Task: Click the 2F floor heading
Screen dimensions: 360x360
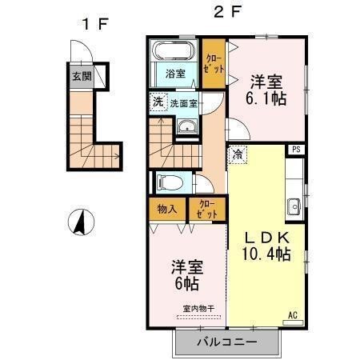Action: (x=224, y=14)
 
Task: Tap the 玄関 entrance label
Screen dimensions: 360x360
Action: (x=81, y=77)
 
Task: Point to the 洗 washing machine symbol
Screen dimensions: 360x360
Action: (x=158, y=102)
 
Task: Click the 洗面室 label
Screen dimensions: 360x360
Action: (x=185, y=102)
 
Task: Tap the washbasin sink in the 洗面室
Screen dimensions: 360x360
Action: (x=187, y=126)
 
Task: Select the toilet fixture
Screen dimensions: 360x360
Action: (x=171, y=182)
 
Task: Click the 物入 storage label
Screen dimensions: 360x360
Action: (x=167, y=210)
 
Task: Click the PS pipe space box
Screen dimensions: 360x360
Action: (x=296, y=150)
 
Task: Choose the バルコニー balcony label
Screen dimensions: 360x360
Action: (x=226, y=342)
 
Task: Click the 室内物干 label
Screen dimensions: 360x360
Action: (x=198, y=308)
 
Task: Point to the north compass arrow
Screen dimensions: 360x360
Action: (x=82, y=222)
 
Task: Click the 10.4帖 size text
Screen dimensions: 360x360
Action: (x=265, y=255)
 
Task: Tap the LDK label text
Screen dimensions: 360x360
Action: (x=264, y=238)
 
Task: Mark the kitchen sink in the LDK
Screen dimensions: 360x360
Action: (x=294, y=204)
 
